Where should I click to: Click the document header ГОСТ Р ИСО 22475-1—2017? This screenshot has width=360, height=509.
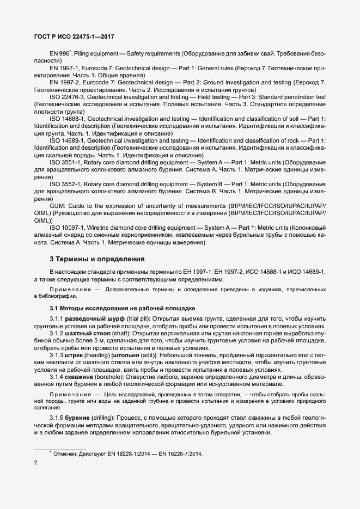[74, 36]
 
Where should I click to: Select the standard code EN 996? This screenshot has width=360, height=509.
[59, 54]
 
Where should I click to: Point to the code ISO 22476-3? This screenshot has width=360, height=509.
[69, 96]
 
